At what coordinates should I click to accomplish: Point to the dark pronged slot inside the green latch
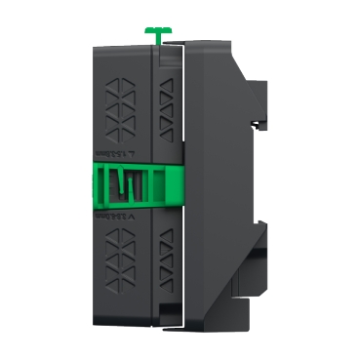tap(126, 184)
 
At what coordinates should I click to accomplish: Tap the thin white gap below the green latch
tap(182, 263)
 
